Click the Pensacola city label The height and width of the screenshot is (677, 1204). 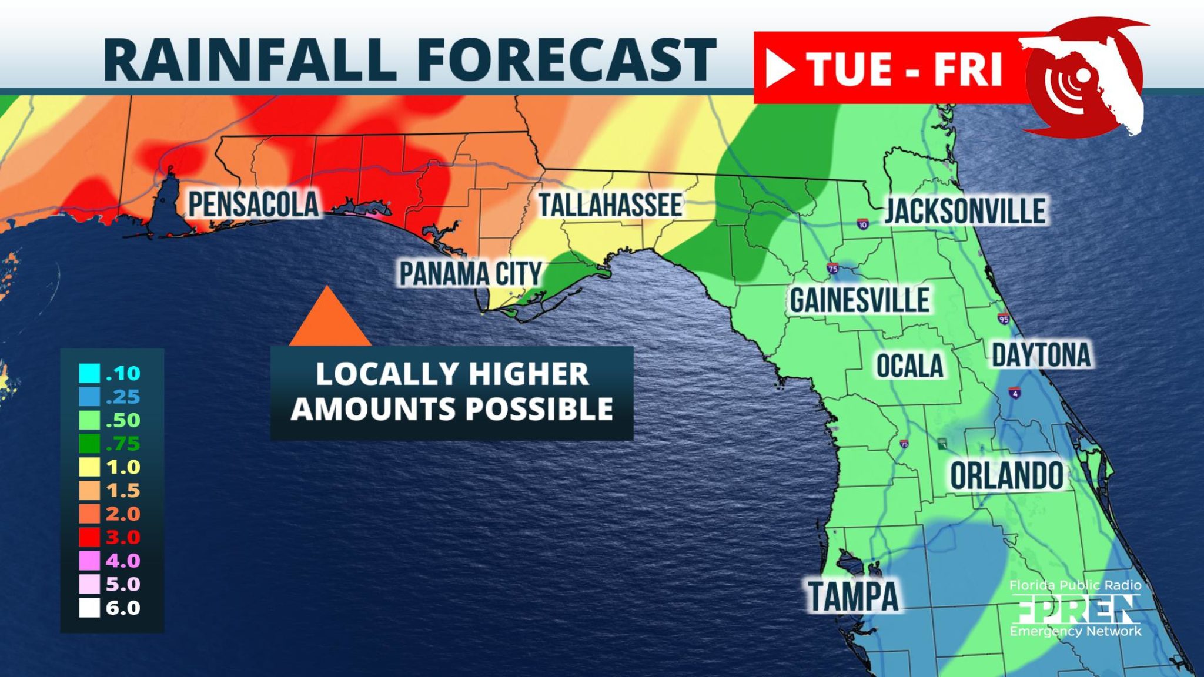(x=253, y=205)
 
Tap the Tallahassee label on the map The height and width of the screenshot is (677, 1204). (x=610, y=205)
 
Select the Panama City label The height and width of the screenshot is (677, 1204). (x=470, y=274)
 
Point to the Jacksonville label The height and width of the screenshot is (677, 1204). (x=965, y=211)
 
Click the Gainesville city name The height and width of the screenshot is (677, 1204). (x=859, y=301)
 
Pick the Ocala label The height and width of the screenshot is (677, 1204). (x=909, y=366)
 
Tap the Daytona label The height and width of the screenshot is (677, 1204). (x=1041, y=355)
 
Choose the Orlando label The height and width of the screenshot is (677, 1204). (x=1006, y=476)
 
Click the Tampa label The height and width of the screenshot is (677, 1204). (x=853, y=596)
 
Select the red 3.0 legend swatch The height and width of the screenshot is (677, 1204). (x=89, y=537)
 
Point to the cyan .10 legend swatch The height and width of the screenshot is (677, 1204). (x=89, y=373)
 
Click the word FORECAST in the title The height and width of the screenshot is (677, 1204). (x=567, y=59)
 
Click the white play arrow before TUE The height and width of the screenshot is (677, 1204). (x=780, y=69)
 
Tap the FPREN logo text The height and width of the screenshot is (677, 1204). (x=1075, y=609)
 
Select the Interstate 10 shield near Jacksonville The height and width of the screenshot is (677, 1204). (x=862, y=224)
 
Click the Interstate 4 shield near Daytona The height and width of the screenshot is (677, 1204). (x=1015, y=393)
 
